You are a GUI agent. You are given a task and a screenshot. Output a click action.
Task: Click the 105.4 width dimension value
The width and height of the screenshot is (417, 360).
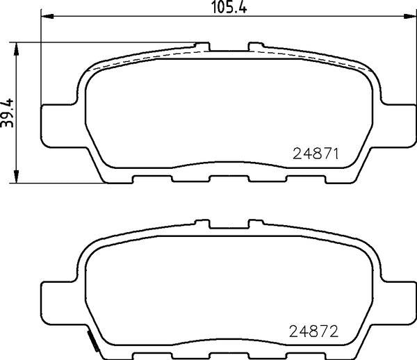coord(229,7)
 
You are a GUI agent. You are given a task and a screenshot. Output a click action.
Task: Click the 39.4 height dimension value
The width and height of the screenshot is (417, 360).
coord(7,113)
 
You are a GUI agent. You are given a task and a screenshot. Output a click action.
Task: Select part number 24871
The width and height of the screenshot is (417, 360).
coord(316,154)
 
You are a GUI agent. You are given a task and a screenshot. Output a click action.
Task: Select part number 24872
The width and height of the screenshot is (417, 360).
coord(313,332)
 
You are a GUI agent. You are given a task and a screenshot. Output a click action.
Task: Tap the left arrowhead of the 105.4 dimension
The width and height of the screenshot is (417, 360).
coord(47,16)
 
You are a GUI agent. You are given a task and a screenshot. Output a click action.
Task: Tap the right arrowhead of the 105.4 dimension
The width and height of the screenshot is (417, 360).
coord(409,16)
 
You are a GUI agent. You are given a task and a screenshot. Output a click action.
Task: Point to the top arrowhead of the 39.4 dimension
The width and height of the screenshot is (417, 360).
coord(16,49)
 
